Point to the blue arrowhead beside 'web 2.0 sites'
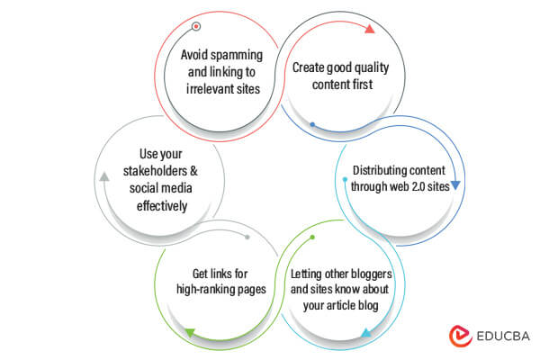tap(455, 185)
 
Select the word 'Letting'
tap(310, 274)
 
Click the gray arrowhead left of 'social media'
tap(104, 176)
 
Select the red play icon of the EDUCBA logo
tap(459, 335)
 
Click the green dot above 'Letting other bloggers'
tap(312, 238)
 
